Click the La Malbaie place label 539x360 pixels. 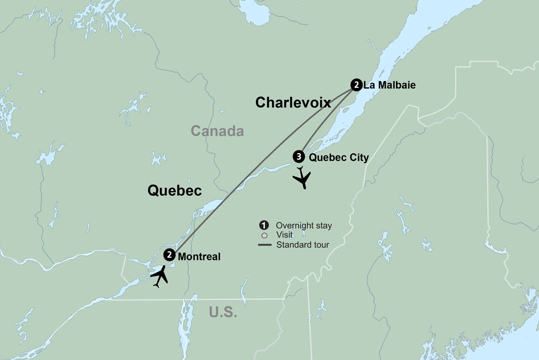pos(390,85)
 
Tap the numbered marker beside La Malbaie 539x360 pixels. pos(356,85)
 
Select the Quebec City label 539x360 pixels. pos(339,158)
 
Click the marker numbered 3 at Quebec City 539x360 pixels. pos(298,157)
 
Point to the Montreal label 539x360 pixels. pos(199,257)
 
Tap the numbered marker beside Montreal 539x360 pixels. pos(169,255)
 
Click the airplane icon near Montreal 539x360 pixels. pos(160,276)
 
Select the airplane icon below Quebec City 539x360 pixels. pos(302,177)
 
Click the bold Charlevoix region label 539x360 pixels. pos(293,102)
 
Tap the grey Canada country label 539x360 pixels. pos(217,131)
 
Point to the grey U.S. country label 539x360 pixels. pos(223,311)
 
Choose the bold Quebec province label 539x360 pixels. pos(175,190)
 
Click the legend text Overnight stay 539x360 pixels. pos(303,225)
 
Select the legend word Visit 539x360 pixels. pos(284,235)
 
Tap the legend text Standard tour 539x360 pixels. pos(302,245)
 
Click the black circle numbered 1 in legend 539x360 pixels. pos(264,225)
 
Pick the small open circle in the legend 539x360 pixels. pos(264,236)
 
